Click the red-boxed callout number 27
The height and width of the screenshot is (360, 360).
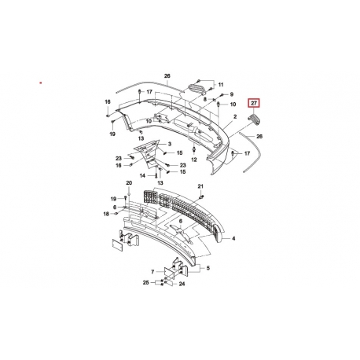tap(254, 103)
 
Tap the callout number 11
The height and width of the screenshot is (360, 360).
tap(221, 85)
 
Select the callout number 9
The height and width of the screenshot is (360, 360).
tap(232, 94)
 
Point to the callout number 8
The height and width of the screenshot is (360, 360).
tap(205, 99)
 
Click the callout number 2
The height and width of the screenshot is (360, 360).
tap(235, 117)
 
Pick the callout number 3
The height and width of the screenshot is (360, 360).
tap(170, 144)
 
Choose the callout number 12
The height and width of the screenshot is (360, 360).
tap(194, 160)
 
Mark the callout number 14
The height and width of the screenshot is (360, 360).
tap(142, 176)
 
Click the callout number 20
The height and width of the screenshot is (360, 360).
tap(129, 183)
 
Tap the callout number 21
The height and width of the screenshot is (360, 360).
tap(200, 186)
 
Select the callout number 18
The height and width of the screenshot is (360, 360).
tap(106, 214)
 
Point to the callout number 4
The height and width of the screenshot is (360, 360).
tap(233, 238)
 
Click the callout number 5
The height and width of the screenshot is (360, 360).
tap(208, 268)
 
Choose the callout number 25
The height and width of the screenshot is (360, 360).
tap(146, 282)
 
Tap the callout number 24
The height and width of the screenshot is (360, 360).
tap(182, 284)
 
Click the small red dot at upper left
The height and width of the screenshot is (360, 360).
tap(41, 83)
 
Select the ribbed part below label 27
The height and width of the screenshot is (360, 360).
tap(254, 119)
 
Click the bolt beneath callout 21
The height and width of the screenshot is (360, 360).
tap(202, 197)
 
